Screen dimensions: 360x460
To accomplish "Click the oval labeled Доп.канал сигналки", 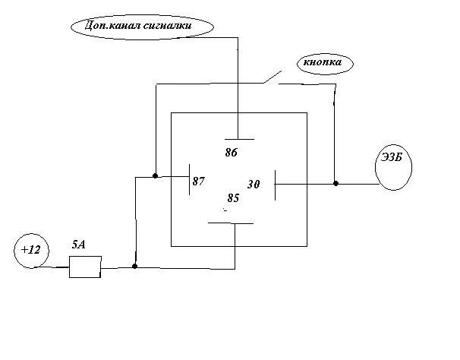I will coord(142,27).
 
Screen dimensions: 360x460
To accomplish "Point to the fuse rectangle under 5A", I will coord(85,267).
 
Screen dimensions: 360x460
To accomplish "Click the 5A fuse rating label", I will coord(78,245).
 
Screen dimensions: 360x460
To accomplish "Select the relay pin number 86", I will coord(232,153).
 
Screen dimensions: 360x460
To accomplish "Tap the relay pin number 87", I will coord(199,182).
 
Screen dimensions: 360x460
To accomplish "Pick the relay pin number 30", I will coord(254,185).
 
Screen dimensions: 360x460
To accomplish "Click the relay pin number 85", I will coord(233,198).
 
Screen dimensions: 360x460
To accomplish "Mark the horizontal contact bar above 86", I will coord(238,139).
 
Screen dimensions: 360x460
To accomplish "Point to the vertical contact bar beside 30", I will coord(275,183).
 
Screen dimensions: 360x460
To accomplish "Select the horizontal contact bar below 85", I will coord(231,223).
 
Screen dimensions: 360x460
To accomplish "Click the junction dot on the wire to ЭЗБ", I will coord(336,183).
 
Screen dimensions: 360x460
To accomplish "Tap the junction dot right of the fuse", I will coord(135,267).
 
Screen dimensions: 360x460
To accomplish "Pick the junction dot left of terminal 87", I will coord(155,176).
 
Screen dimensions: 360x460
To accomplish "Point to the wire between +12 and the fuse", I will coord(58,267).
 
